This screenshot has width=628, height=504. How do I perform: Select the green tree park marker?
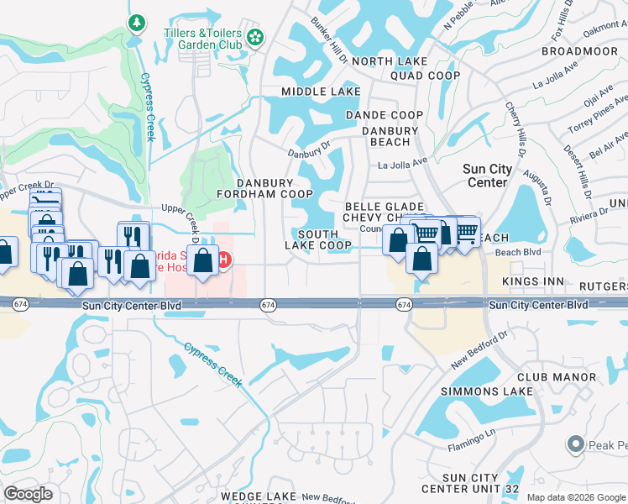point(135,20)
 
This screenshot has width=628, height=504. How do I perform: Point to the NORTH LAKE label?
point(390,61)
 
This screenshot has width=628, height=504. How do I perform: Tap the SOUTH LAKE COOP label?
point(317,240)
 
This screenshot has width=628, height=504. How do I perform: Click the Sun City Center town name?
point(487,176)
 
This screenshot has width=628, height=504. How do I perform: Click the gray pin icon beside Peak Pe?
point(575,443)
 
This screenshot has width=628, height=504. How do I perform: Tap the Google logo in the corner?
point(29,494)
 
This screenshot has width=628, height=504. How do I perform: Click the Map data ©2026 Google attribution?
point(575,497)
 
